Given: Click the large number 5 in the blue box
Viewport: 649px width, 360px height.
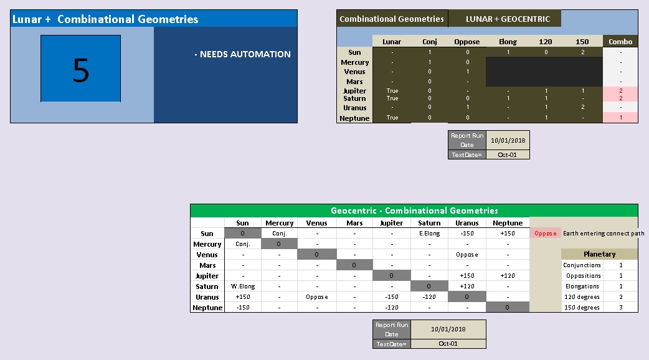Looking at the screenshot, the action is (x=81, y=70).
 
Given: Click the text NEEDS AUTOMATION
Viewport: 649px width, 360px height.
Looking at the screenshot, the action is (x=242, y=54).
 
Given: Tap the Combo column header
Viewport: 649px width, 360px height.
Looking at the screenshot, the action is (x=620, y=42).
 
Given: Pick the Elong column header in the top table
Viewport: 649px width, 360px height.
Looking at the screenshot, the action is (x=508, y=42).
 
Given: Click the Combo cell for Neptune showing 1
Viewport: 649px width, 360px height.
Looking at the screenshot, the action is (x=620, y=118).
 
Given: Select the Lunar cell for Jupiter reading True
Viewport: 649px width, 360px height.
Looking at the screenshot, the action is (x=392, y=90).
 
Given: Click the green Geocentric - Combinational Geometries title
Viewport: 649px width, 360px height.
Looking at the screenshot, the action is (x=414, y=211).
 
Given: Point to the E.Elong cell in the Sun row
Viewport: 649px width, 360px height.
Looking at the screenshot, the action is (x=429, y=234).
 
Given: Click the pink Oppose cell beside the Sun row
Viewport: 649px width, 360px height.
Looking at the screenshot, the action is (x=545, y=234).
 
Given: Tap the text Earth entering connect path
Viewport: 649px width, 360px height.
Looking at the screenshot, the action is (x=604, y=234).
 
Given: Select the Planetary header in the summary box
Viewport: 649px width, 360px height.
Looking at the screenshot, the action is (x=599, y=254).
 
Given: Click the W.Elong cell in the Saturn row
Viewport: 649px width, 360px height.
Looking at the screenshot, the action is (x=242, y=287).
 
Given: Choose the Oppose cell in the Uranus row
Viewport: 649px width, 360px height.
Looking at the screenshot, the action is (x=316, y=297).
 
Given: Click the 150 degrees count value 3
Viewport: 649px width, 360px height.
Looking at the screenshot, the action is (x=620, y=307).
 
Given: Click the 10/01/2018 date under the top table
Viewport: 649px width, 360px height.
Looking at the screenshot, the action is (x=508, y=140).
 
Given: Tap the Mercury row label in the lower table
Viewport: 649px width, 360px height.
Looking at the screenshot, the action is (x=207, y=244).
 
